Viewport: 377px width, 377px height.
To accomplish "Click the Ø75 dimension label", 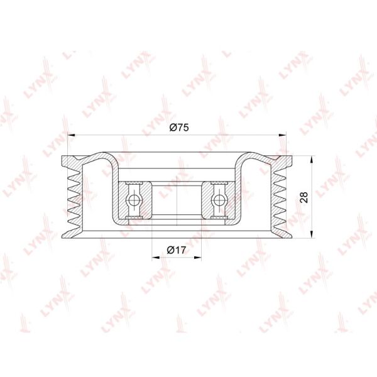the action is (179, 127).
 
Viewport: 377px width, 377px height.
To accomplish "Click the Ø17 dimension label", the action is (176, 250).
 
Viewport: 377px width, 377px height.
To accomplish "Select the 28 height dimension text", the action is (304, 197).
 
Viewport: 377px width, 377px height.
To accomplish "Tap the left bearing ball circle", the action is (134, 200).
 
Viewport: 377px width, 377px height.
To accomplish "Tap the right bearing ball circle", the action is (219, 200).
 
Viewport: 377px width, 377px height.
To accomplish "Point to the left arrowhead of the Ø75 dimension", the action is (72, 135).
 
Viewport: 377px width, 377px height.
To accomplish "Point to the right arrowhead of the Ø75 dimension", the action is (283, 135).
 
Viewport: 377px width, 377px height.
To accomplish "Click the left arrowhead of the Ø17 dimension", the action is (156, 258).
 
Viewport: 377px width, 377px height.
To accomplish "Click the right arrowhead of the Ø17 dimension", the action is (198, 258).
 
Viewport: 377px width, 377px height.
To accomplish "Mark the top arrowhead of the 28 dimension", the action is (312, 160).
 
